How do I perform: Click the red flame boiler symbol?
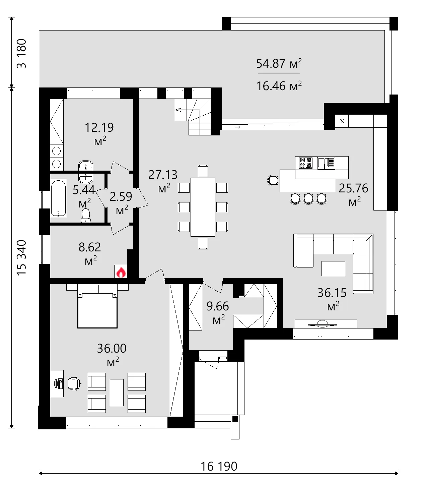(121, 272)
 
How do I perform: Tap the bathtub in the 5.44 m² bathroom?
(59, 198)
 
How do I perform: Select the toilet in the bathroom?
(86, 215)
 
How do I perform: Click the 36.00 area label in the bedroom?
(112, 349)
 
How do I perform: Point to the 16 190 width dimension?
(219, 466)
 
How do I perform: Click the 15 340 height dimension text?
(21, 257)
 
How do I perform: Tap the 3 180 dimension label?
(21, 54)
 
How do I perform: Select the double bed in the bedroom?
(97, 306)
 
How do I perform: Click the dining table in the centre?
(203, 207)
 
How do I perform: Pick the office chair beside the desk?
(74, 383)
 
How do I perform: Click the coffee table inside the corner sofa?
(333, 268)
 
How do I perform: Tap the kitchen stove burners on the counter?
(305, 163)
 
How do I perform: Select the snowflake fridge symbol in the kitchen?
(342, 121)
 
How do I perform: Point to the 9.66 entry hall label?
(217, 306)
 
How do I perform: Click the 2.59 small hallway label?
(121, 196)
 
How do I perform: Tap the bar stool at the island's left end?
(273, 180)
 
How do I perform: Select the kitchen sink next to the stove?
(326, 163)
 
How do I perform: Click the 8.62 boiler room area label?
(89, 247)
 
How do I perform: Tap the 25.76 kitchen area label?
(353, 188)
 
